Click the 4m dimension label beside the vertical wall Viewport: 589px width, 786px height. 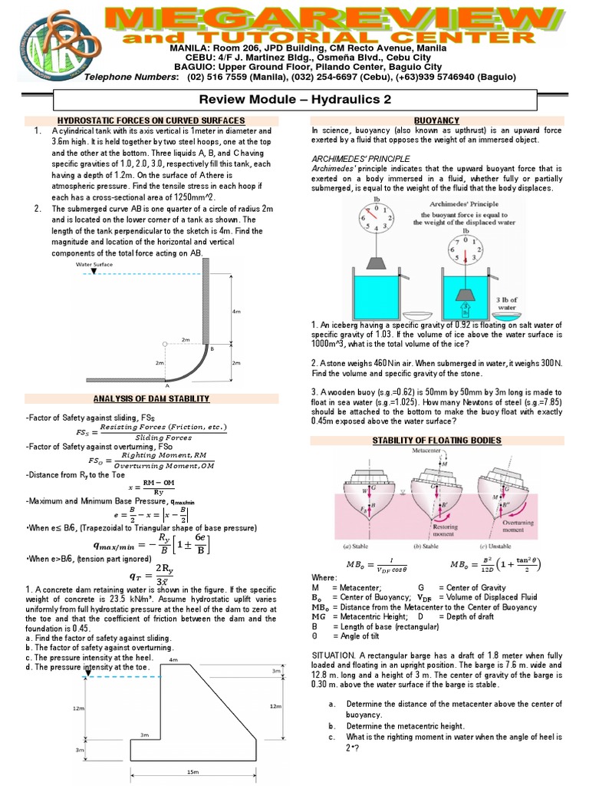coord(236,312)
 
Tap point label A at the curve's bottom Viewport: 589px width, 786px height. coord(166,385)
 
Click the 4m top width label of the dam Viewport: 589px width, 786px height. coord(173,659)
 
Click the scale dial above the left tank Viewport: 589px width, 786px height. coord(375,222)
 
